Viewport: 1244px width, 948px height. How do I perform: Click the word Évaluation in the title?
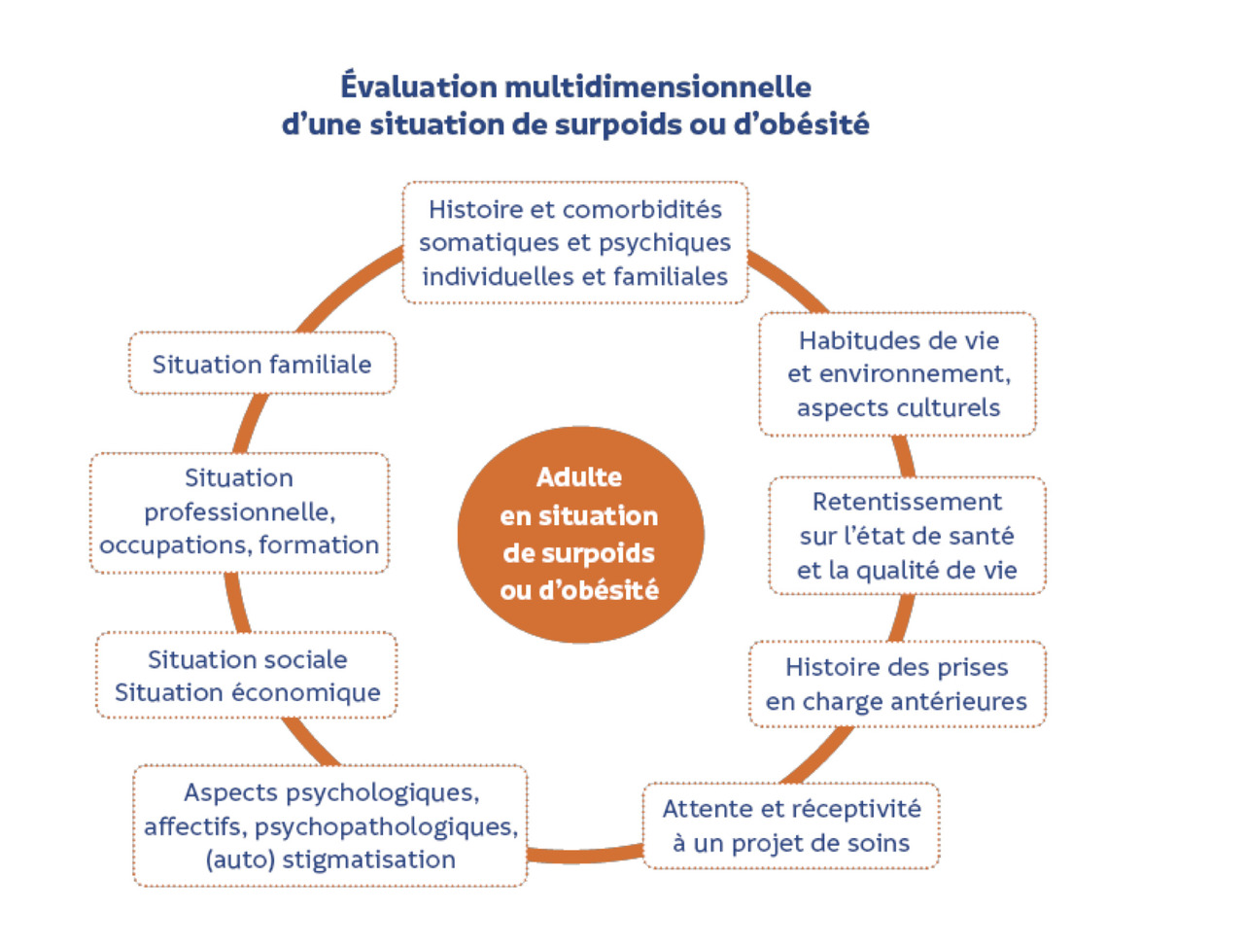[419, 87]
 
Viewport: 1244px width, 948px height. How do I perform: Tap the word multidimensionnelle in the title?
[658, 88]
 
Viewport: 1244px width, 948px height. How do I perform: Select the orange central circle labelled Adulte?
[580, 534]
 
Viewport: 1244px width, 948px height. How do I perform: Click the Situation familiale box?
[261, 363]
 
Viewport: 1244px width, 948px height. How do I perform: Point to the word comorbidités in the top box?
[642, 210]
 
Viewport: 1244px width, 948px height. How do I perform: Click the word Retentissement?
[907, 502]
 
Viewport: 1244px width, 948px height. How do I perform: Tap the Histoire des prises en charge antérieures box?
[897, 684]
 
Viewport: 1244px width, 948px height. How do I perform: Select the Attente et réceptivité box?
[791, 825]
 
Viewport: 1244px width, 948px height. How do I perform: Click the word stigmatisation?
[368, 860]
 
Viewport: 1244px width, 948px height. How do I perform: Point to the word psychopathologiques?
[387, 827]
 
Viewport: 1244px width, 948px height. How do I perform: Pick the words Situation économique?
[248, 692]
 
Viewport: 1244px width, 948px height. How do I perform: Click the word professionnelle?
[240, 513]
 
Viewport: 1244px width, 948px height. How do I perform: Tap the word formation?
[319, 544]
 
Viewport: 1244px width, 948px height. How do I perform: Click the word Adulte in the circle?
[579, 476]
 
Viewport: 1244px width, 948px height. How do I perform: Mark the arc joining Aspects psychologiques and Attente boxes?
[585, 855]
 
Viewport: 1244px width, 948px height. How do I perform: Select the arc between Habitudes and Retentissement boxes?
[905, 456]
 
